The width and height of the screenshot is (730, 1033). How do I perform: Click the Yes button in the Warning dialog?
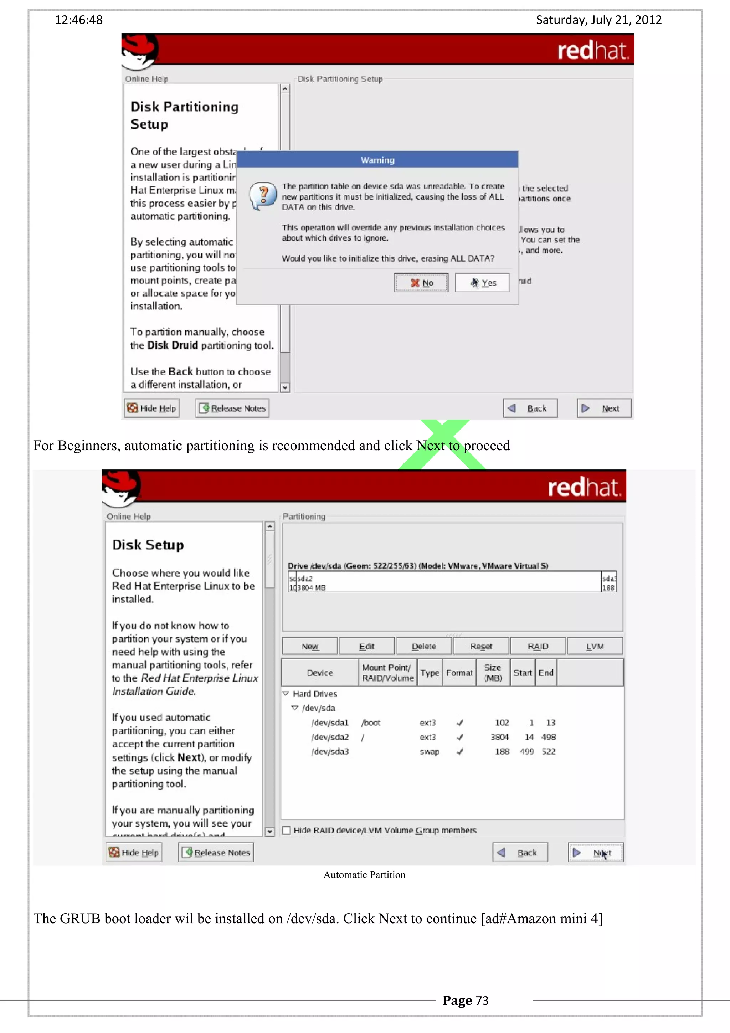[x=482, y=283]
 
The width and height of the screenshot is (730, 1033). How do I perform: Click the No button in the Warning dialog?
[x=421, y=283]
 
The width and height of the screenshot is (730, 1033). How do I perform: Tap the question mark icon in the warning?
[x=263, y=196]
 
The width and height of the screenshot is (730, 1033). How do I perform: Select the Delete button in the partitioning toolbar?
[x=424, y=647]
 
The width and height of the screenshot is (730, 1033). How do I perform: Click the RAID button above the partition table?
[x=538, y=647]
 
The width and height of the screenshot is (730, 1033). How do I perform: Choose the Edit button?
[x=366, y=647]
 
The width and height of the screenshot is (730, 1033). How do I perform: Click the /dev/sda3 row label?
[x=330, y=752]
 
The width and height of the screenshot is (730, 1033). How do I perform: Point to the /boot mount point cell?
[x=371, y=723]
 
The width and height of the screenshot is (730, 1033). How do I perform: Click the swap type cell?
[x=429, y=752]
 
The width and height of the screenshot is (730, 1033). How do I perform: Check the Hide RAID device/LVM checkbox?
[x=287, y=831]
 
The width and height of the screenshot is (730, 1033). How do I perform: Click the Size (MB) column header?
[x=493, y=673]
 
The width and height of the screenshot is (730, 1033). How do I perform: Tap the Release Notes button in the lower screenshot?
[x=216, y=853]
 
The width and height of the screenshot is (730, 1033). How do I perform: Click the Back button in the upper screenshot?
[x=530, y=408]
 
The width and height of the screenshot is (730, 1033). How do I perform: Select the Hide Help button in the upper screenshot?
[x=151, y=408]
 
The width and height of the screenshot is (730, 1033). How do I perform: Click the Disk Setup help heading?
[x=148, y=545]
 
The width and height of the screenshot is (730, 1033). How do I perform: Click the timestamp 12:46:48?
[x=79, y=20]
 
